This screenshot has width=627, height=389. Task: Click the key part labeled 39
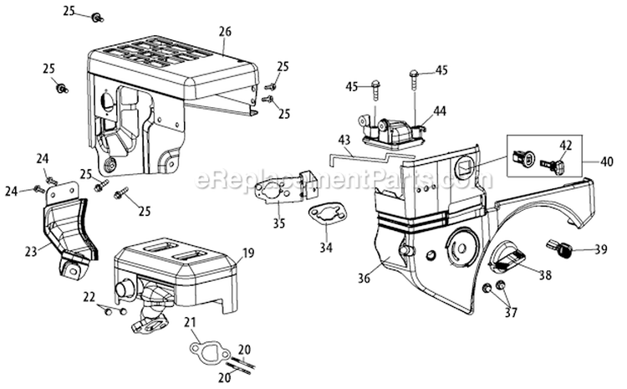559,248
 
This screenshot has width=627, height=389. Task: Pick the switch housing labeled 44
390,131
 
